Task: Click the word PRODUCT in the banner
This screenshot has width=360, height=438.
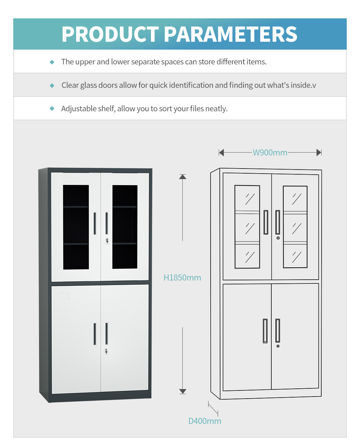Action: pos(110,34)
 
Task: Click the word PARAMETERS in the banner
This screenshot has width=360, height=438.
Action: pos(231,34)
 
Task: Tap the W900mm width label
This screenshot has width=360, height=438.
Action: pos(270,153)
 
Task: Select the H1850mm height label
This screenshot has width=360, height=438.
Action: pos(182,278)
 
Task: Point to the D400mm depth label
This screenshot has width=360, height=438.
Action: pos(205,421)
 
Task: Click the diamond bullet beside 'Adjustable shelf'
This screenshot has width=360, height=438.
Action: pos(52,108)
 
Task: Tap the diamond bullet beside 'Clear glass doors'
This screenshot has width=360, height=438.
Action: pos(52,85)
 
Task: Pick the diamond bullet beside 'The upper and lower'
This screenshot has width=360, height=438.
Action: pos(52,62)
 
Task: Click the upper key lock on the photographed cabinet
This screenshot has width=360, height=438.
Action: pos(107,241)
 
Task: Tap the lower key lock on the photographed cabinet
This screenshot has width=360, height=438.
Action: pos(106,351)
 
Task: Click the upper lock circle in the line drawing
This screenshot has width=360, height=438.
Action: pos(278,238)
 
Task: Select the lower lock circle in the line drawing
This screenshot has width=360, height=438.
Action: pos(278,346)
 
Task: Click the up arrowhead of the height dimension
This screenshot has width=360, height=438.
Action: pos(182,177)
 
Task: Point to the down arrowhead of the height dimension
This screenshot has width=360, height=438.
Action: pos(182,391)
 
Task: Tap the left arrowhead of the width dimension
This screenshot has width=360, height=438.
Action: pos(221,153)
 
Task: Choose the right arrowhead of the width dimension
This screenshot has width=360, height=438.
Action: pos(319,153)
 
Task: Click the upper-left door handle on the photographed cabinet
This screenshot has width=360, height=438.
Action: pos(95,224)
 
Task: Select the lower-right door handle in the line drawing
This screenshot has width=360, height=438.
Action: pos(277,330)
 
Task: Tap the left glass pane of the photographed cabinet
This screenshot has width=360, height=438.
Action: pos(76,227)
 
